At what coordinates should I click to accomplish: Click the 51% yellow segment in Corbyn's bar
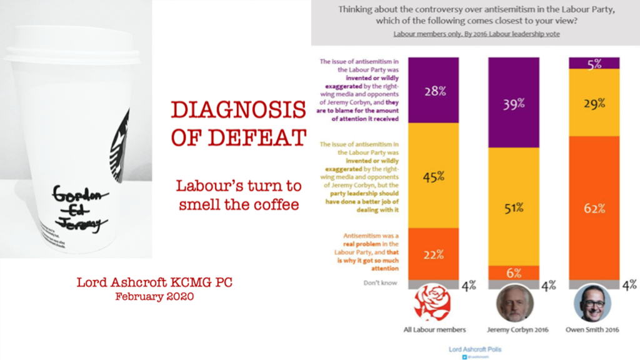click(513, 206)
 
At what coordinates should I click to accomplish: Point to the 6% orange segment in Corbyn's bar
click(513, 273)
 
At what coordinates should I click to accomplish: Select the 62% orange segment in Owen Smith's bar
click(594, 207)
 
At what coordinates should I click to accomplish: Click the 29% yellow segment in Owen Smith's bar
click(594, 102)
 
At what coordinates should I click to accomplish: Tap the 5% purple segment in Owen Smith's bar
click(594, 62)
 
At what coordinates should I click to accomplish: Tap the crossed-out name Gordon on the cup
click(72, 192)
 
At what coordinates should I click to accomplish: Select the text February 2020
click(154, 297)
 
